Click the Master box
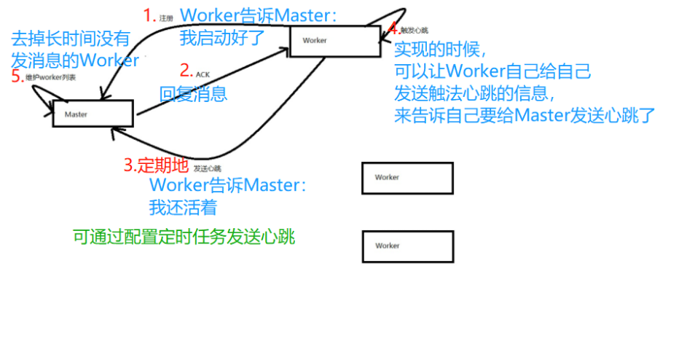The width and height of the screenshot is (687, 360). tap(93, 114)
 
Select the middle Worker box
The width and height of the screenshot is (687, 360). tap(407, 178)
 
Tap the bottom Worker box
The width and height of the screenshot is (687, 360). tap(407, 246)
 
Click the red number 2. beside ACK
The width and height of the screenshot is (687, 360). tap(186, 71)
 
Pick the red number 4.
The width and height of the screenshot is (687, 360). tap(393, 29)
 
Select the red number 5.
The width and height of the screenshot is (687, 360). tap(17, 77)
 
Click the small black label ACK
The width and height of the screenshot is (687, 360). tap(203, 74)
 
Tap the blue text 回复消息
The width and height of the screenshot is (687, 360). tap(193, 93)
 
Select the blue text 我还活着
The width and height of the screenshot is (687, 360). tap(183, 208)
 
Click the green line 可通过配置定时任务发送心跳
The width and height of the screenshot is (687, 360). tap(184, 237)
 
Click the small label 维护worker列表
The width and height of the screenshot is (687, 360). tap(50, 76)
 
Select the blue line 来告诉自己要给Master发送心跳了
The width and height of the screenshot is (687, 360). tap(525, 115)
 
